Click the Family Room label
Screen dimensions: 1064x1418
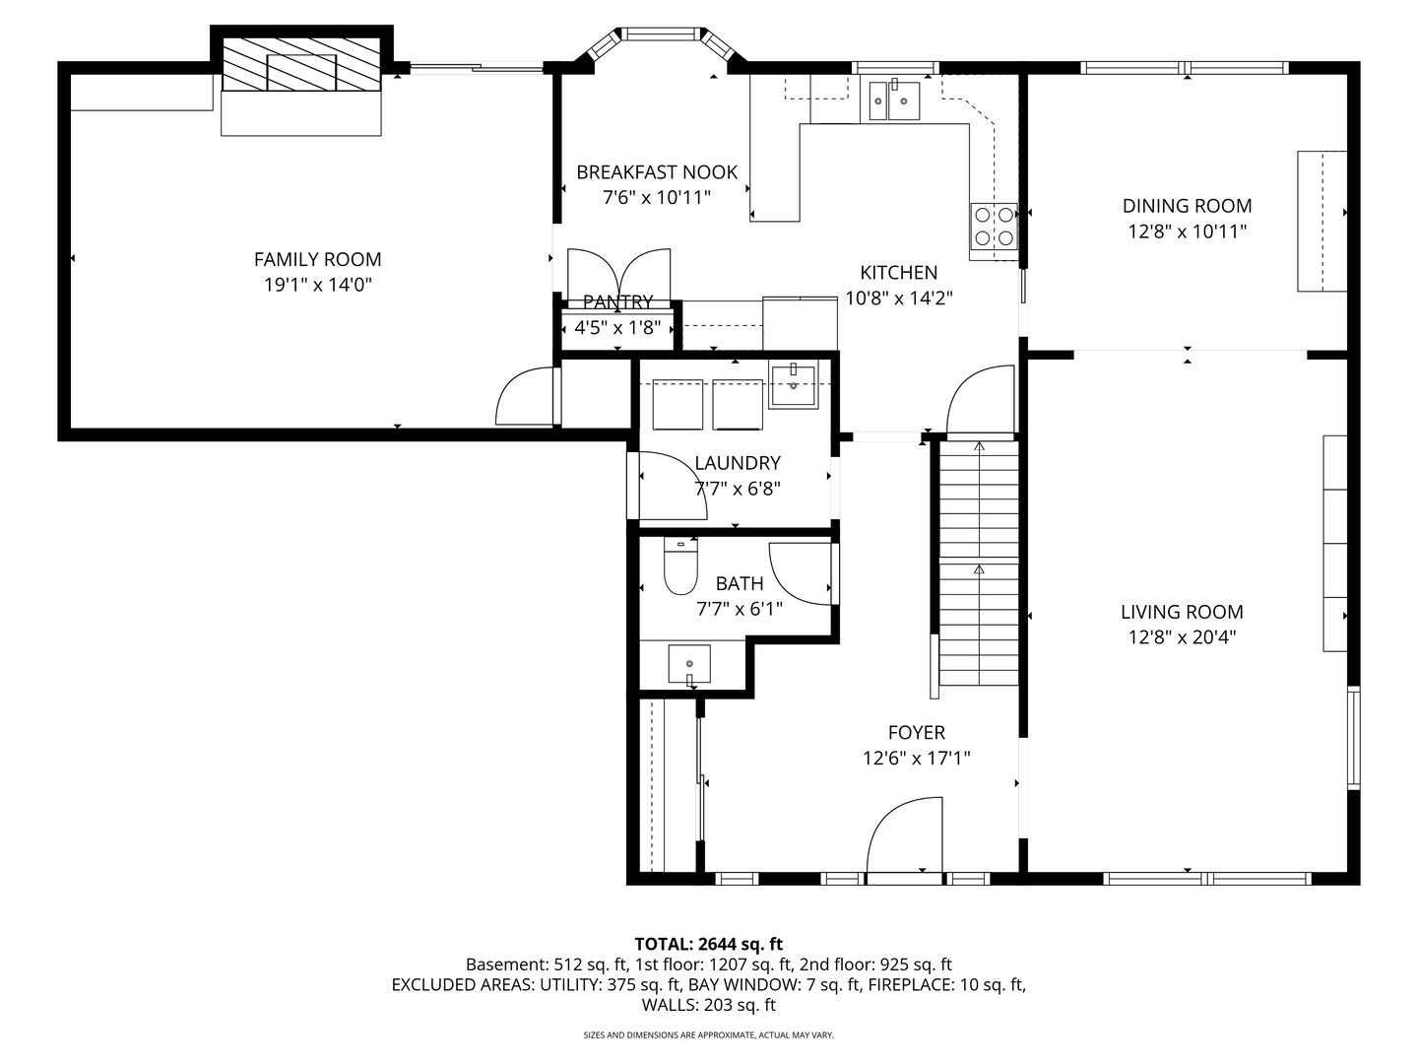(317, 259)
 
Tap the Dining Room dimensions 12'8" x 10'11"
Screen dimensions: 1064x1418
(1187, 232)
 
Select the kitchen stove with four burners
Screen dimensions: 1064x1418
(993, 226)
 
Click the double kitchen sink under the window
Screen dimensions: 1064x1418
(894, 100)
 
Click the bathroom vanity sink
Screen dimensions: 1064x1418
(689, 664)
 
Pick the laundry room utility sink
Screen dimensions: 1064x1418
(793, 385)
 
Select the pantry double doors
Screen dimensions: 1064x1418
(618, 275)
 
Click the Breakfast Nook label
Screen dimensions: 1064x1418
(657, 172)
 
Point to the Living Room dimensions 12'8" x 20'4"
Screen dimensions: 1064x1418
(1182, 637)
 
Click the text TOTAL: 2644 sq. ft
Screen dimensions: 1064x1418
(708, 944)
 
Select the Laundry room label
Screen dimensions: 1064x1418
(737, 463)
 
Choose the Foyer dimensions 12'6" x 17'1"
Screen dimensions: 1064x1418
(916, 759)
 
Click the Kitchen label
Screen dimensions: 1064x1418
(898, 273)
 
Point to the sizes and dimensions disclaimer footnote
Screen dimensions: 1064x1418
(708, 1035)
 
